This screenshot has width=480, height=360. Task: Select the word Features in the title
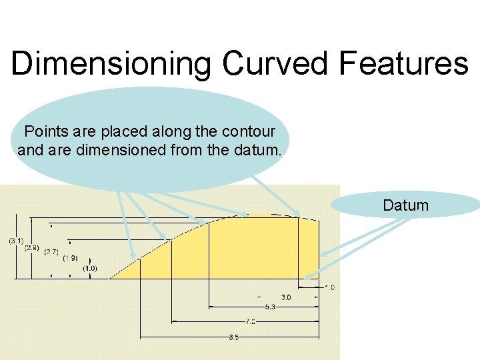click(403, 64)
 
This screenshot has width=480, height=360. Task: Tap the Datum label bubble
click(405, 205)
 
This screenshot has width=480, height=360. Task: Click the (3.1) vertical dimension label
click(17, 241)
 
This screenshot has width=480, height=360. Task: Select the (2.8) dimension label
click(32, 247)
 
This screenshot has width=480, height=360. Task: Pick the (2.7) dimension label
click(51, 253)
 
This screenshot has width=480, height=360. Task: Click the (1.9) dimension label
click(70, 258)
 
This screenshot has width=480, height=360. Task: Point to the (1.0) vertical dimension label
click(90, 268)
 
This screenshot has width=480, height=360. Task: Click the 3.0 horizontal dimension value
click(285, 297)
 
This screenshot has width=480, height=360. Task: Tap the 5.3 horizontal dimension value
click(270, 307)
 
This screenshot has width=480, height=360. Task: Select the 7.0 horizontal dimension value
click(249, 321)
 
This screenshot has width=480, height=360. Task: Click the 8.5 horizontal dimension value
click(233, 337)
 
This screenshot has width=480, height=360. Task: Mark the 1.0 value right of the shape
click(329, 287)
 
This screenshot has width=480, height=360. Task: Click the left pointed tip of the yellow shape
click(110, 277)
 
